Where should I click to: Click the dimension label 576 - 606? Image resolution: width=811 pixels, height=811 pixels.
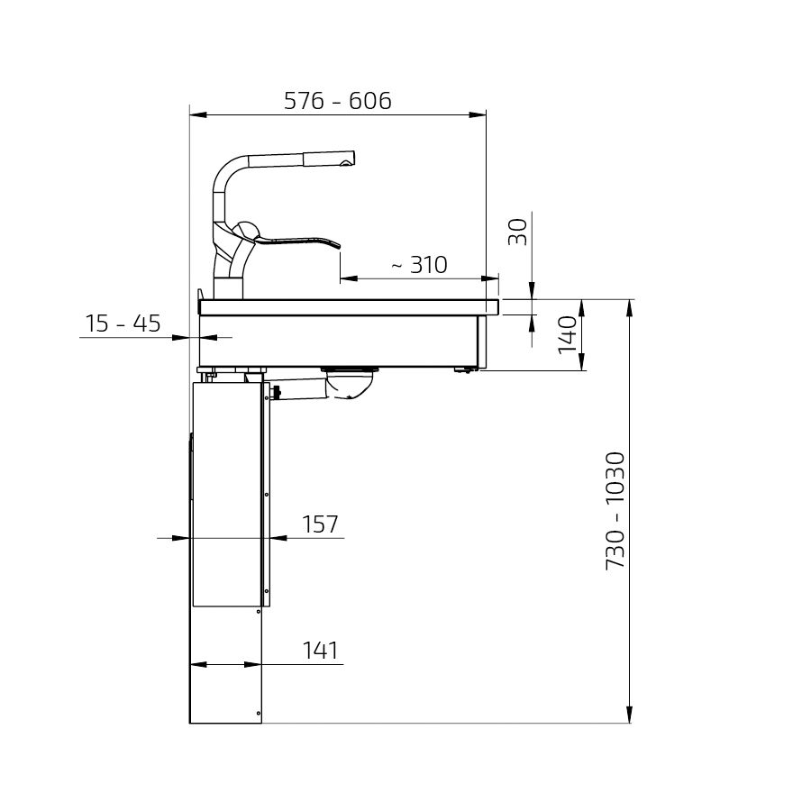pyautogui.click(x=338, y=100)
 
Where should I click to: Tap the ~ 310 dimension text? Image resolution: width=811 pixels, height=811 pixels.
pyautogui.click(x=419, y=265)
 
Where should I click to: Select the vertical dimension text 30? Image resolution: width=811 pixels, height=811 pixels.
pyautogui.click(x=518, y=232)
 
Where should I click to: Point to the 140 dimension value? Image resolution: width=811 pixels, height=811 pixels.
pyautogui.click(x=568, y=334)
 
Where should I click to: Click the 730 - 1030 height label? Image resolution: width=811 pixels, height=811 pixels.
pyautogui.click(x=615, y=511)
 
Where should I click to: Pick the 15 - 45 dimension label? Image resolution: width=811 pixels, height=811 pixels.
pyautogui.click(x=123, y=323)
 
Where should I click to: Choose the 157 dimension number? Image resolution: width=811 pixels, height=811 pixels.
pyautogui.click(x=320, y=524)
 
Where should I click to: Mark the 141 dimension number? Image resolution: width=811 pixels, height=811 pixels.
pyautogui.click(x=320, y=651)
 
